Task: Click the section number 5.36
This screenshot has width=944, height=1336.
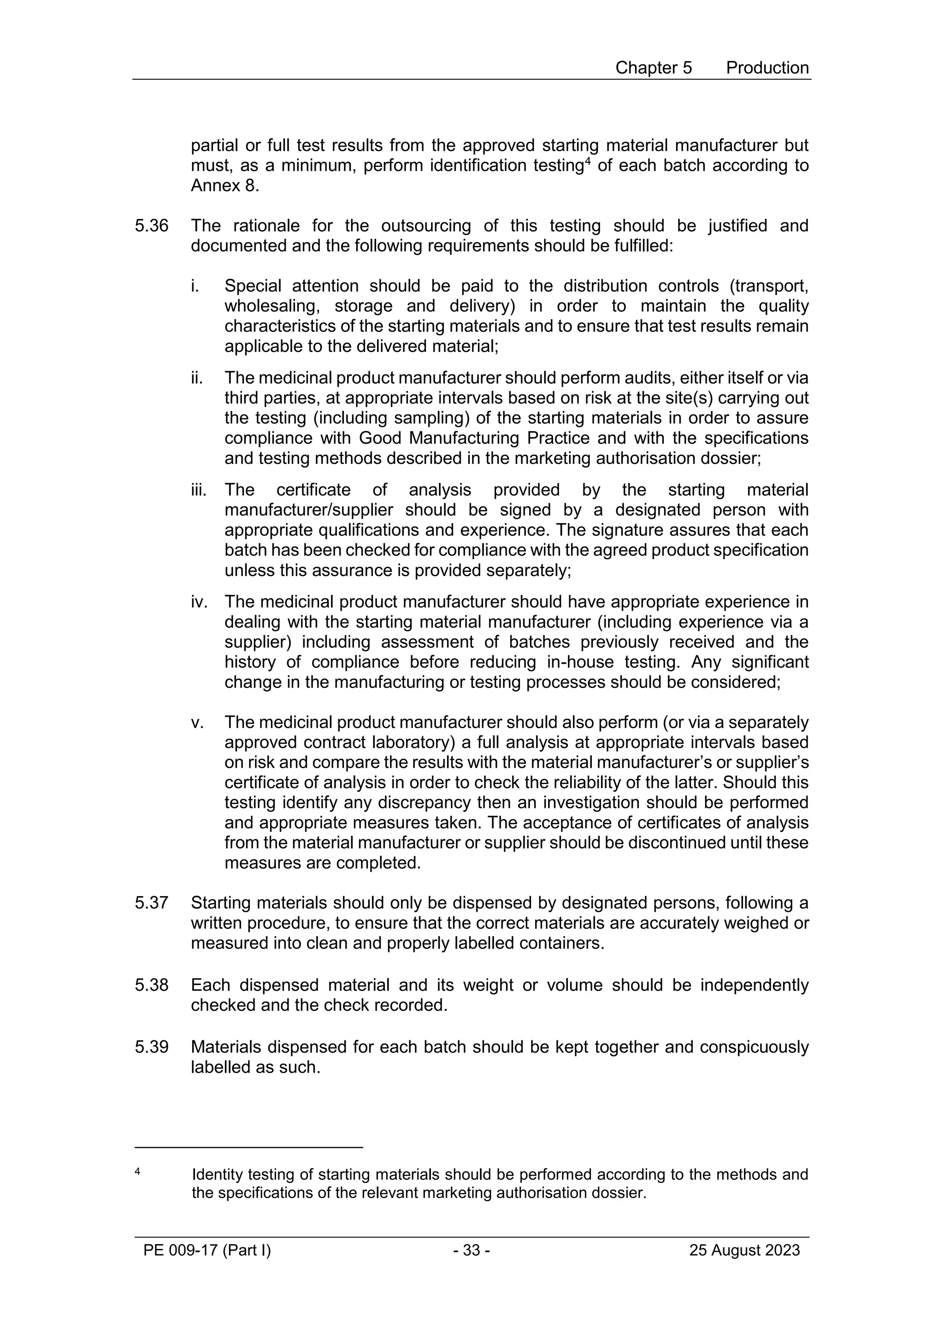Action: coord(151,226)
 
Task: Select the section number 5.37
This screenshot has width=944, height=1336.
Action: coord(151,903)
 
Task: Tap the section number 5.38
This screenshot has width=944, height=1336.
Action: coord(151,985)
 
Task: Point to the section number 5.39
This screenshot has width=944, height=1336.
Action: coord(151,1047)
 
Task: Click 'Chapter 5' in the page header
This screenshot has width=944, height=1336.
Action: coord(653,68)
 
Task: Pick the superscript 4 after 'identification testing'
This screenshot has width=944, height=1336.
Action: coord(587,160)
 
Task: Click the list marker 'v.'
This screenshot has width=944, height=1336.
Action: coord(197,723)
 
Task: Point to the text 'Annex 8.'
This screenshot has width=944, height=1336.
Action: coord(224,186)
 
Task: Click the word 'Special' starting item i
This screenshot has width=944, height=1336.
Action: coord(253,286)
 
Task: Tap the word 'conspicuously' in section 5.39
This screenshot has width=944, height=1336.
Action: coord(754,1047)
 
